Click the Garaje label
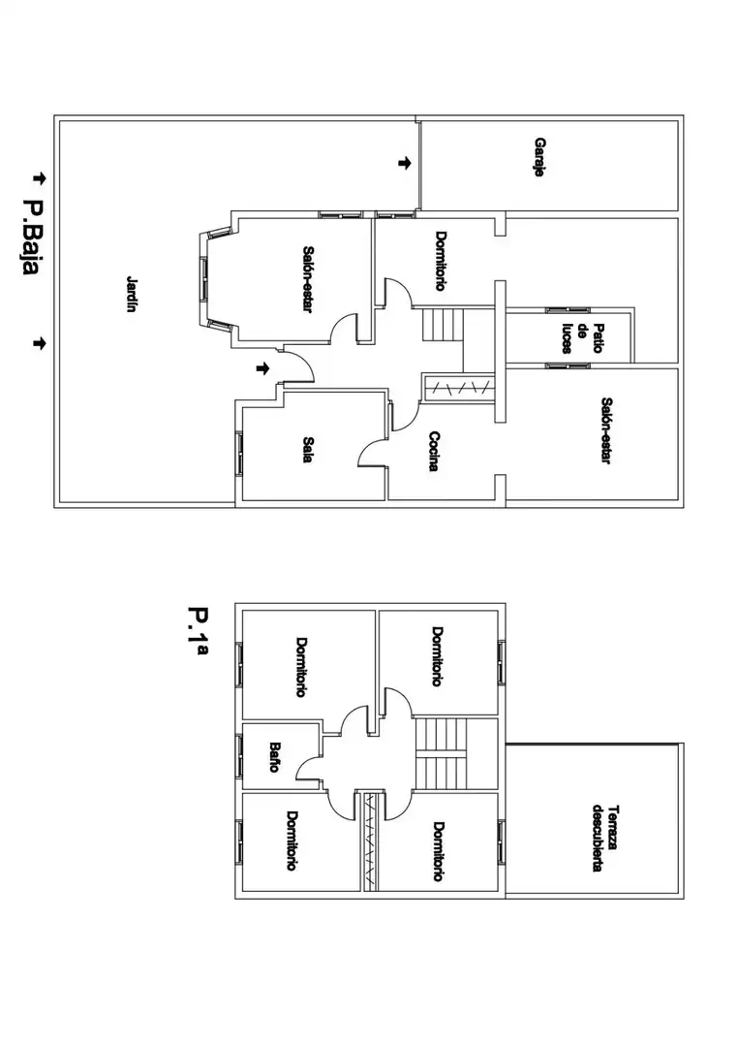pos(539,157)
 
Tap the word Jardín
pos(132,294)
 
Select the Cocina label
pos(434,452)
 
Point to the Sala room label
pos(307,450)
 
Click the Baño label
pos(274,757)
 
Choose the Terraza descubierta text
pos(605,837)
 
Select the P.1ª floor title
pos(198,631)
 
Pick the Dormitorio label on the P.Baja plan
pos(440,261)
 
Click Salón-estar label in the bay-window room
pos(307,280)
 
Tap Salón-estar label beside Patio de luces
pos(606,430)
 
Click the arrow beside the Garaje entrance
pos(404,163)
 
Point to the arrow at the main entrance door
pos(263,368)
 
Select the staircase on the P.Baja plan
pos(443,325)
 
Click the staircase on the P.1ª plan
pos(440,753)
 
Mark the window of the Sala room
pos(239,454)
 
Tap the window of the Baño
pos(239,756)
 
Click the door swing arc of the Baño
pos(307,768)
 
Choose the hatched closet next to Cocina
pos(460,388)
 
